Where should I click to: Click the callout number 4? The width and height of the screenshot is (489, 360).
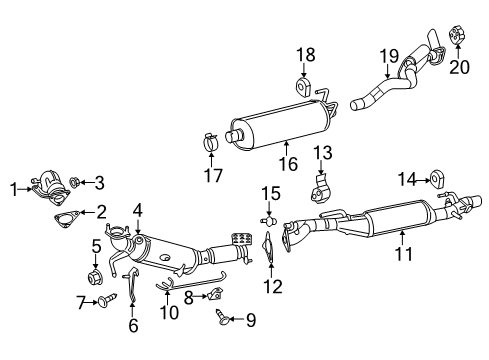click(x=139, y=210)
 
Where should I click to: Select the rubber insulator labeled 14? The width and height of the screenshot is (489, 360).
click(x=437, y=180)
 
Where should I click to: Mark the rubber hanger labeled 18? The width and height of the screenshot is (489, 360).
click(x=305, y=81)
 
